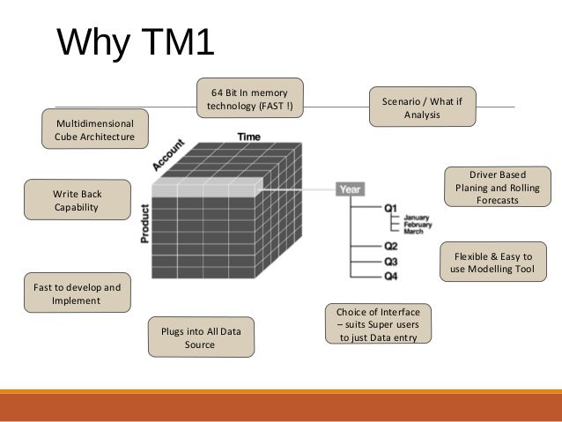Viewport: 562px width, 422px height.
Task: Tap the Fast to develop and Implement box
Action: point(76,293)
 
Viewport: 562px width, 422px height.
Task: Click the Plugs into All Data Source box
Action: point(200,337)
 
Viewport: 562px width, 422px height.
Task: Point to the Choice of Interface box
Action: point(378,323)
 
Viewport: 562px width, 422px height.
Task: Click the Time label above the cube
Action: point(248,137)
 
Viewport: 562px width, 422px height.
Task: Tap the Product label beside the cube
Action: point(144,224)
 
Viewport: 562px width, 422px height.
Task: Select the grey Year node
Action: point(351,188)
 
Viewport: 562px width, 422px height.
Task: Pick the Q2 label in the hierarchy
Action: point(391,246)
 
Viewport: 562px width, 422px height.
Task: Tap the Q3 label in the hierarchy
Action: point(391,262)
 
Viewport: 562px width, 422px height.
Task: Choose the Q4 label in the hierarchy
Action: point(391,278)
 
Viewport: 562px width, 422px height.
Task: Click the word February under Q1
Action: point(418,224)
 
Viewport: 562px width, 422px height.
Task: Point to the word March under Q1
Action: point(414,231)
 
